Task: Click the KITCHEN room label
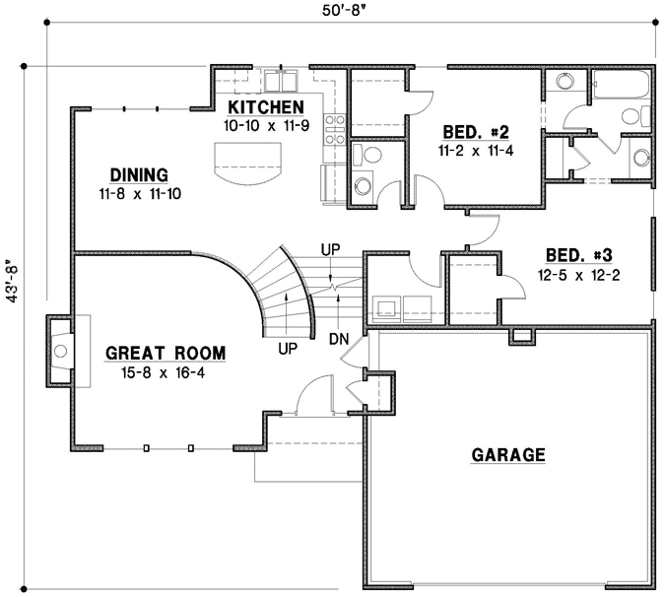coord(266,107)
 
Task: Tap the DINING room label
coord(139,175)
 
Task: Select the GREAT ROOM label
coord(166,354)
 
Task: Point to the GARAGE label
coord(508,455)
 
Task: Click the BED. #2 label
coord(476,132)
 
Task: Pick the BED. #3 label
coord(579,256)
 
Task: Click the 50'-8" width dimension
coord(344,11)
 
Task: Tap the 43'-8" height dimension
coord(13,284)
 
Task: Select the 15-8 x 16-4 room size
coord(164,373)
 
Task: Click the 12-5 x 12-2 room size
coord(579,276)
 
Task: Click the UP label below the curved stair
coord(288,349)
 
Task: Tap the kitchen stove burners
coord(335,129)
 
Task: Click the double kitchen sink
coord(281,81)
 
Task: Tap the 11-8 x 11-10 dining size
coord(140,194)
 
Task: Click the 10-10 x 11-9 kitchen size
coord(267,126)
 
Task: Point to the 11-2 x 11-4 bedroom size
coord(476,151)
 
